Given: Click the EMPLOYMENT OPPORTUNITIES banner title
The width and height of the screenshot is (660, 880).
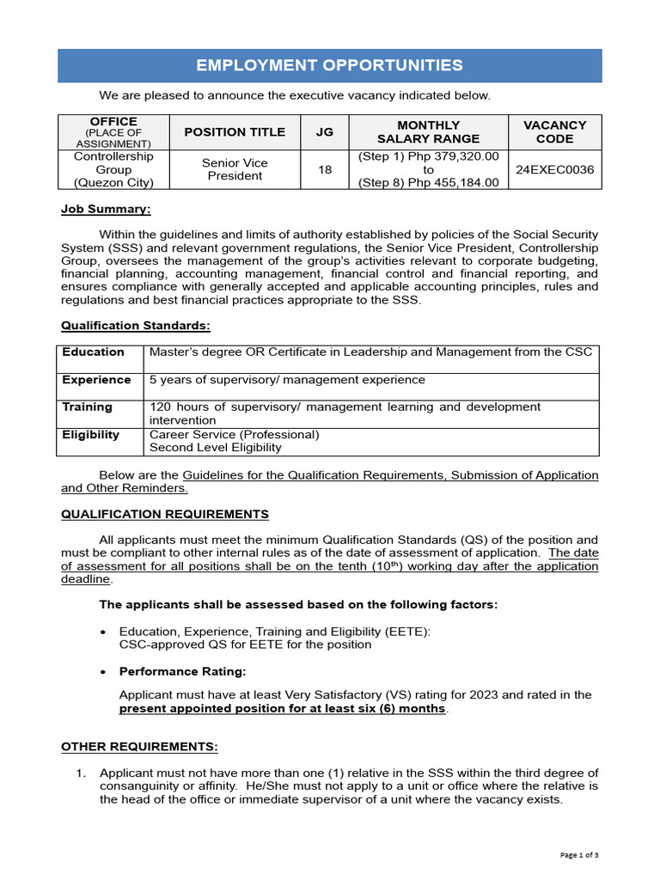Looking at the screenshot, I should click(329, 65).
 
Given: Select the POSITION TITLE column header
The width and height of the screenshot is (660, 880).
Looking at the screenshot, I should click(235, 131).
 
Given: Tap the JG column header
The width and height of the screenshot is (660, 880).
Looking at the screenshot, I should click(324, 131).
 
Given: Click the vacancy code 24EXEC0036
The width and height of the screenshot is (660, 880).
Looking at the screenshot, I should click(554, 170).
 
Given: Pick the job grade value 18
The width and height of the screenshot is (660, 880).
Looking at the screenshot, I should click(324, 170).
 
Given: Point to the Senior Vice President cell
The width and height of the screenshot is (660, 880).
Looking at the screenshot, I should click(235, 169).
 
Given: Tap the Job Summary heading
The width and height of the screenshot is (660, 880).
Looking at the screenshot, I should click(106, 209).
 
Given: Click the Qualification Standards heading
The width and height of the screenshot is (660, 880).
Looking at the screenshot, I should click(135, 326).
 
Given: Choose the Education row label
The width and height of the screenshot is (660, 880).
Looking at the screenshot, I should click(93, 352).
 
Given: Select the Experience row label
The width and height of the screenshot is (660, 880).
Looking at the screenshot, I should click(96, 380).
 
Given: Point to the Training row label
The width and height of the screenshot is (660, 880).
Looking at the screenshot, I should click(87, 407).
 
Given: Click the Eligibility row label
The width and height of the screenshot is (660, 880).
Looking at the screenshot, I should click(90, 435).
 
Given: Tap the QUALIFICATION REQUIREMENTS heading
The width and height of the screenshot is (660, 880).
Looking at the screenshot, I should click(164, 514).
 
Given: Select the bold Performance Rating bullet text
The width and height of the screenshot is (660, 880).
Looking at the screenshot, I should click(182, 671).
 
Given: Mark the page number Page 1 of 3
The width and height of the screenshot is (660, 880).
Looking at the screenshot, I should click(579, 855).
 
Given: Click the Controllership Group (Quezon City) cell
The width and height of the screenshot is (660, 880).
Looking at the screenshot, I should click(113, 169).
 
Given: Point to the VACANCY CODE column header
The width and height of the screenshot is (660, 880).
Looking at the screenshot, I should click(554, 131).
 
